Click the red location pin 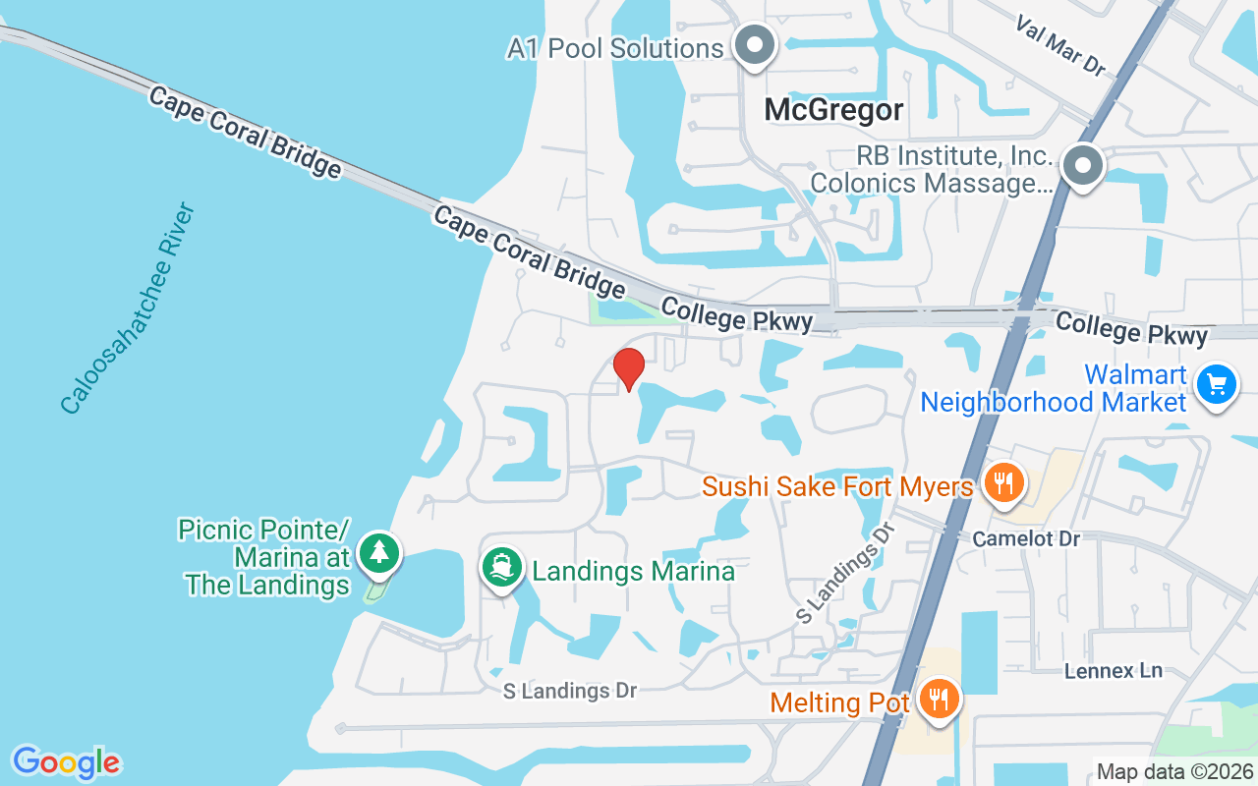pyautogui.click(x=629, y=368)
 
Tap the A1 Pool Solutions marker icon pyautogui.click(x=755, y=45)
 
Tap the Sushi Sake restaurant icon pyautogui.click(x=1002, y=482)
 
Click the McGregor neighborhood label pyautogui.click(x=834, y=110)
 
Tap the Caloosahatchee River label pyautogui.click(x=129, y=309)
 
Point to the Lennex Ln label pyautogui.click(x=1114, y=671)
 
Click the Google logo pyautogui.click(x=66, y=762)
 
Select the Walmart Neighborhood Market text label pyautogui.click(x=1054, y=389)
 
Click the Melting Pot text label pyautogui.click(x=840, y=703)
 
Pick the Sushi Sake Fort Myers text pyautogui.click(x=837, y=486)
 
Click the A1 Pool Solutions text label pyautogui.click(x=615, y=48)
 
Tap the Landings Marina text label pyautogui.click(x=633, y=571)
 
